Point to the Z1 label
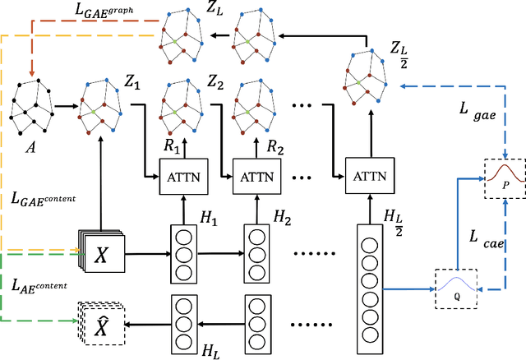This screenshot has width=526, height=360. coord(132,81)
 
